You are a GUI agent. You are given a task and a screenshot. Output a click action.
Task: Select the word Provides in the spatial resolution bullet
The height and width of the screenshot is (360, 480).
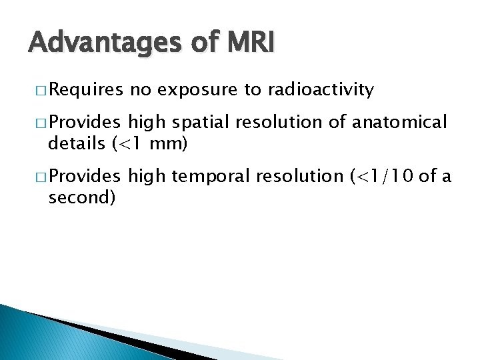[85, 123]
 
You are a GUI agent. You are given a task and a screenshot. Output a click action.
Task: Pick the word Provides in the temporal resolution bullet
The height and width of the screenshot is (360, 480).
[85, 177]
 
